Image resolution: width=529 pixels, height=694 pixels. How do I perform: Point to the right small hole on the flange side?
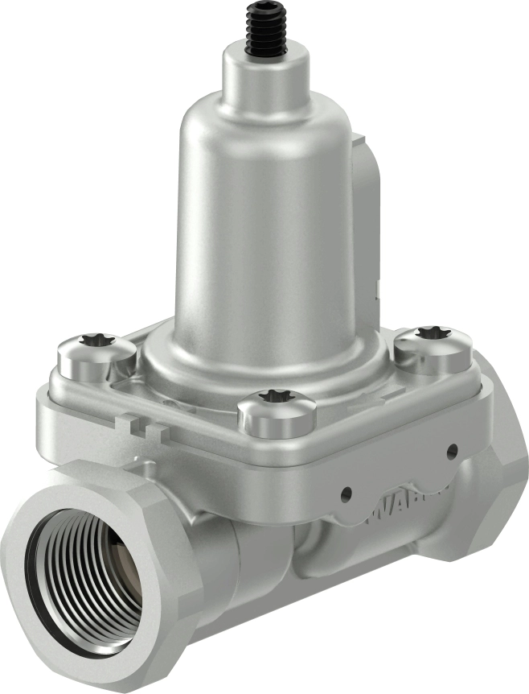point(452,451)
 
